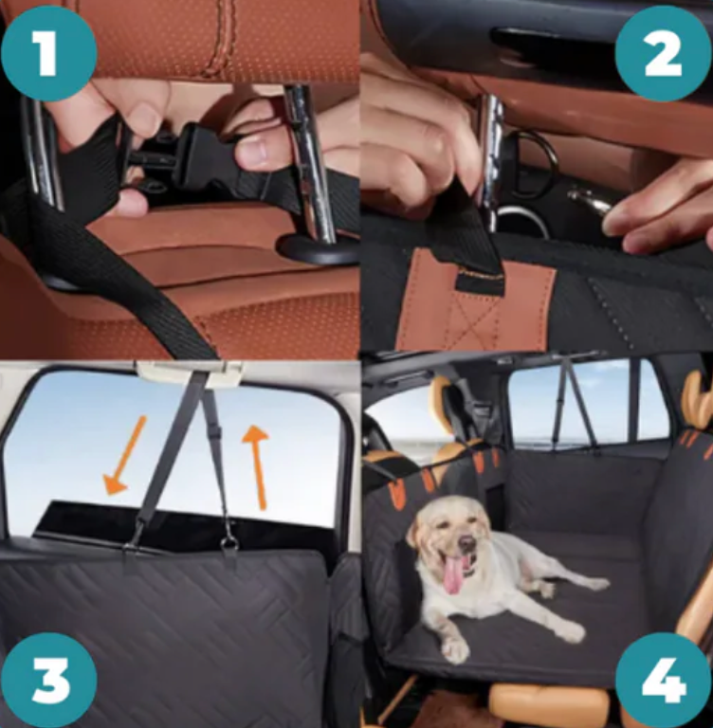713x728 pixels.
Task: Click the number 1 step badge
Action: coord(48,53)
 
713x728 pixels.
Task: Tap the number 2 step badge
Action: coord(664,53)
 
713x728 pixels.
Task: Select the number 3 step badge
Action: coord(48,681)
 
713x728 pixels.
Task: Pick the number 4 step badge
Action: coord(664,681)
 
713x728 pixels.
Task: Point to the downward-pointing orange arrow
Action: coord(124,455)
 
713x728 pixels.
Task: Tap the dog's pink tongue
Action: coord(454,574)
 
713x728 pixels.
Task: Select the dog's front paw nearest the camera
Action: coord(455,650)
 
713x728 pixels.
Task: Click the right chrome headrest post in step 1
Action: coord(310,162)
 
